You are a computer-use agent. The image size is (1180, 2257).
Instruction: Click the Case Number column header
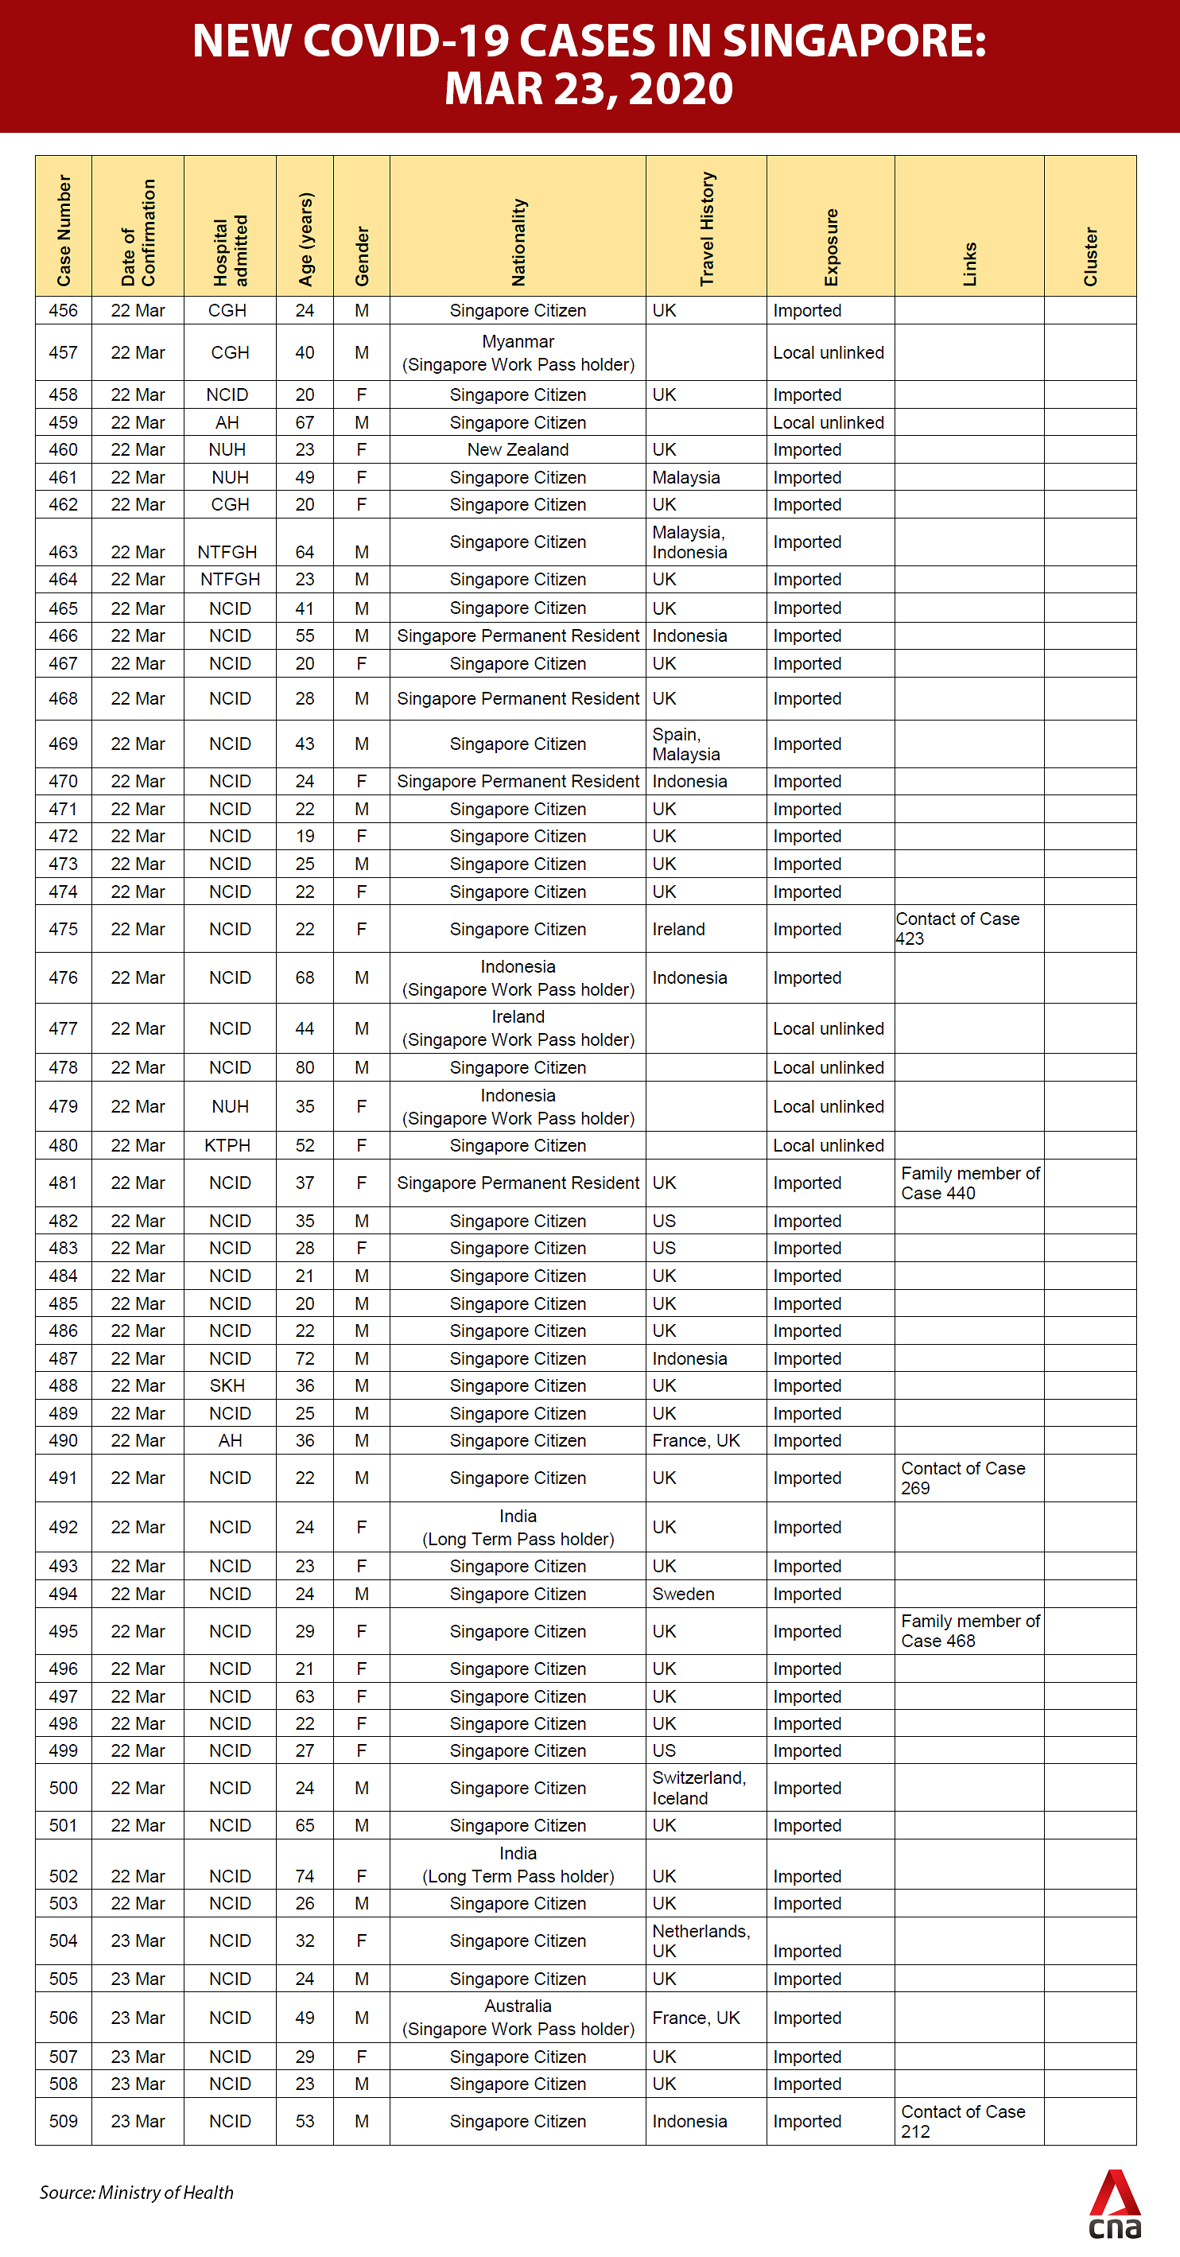[x=63, y=230]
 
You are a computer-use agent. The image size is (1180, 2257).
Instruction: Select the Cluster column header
[x=1090, y=255]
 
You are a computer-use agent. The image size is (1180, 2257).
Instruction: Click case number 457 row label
[x=63, y=352]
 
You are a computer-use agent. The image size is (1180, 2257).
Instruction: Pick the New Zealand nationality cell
[x=518, y=449]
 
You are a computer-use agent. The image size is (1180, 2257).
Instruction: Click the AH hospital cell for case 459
[x=227, y=422]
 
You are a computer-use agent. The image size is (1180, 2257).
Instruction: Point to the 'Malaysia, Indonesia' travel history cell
[x=689, y=542]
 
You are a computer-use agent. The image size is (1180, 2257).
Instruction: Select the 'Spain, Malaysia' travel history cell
[x=686, y=744]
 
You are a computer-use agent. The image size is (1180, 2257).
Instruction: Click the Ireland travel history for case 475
[x=678, y=929]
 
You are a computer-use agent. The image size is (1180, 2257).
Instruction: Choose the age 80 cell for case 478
[x=305, y=1067]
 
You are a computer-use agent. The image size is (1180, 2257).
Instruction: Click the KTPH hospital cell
[x=227, y=1145]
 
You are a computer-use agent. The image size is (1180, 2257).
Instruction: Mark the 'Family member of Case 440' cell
[x=970, y=1183]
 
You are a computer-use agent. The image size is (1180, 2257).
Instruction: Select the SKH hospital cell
[x=227, y=1385]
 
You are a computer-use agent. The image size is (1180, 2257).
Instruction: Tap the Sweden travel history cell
[x=683, y=1594]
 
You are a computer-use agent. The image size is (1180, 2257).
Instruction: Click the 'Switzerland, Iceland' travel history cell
[x=698, y=1787]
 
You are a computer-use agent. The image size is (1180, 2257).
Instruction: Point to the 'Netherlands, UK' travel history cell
[x=701, y=1940]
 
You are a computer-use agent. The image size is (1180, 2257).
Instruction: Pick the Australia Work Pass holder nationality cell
[x=518, y=2017]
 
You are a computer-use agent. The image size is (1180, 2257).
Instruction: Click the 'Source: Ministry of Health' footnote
[x=137, y=2192]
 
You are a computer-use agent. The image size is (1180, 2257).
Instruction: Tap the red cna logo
[x=1114, y=2205]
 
